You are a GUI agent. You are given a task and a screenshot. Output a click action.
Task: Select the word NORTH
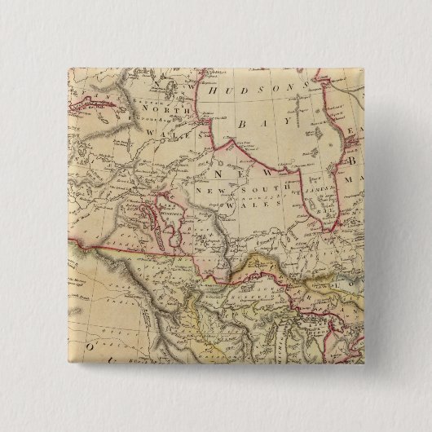tap(160, 108)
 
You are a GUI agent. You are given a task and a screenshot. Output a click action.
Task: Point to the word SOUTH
tap(247, 190)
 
